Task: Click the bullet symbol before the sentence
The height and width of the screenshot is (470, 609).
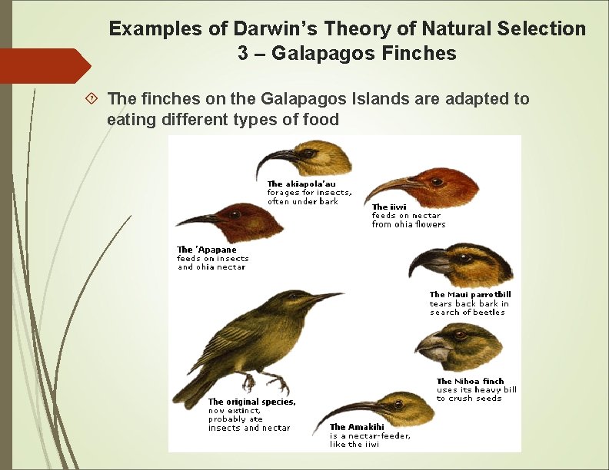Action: tap(92, 99)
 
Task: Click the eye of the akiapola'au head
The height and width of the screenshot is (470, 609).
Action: tap(309, 153)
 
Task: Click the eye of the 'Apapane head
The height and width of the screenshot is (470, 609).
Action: tap(235, 214)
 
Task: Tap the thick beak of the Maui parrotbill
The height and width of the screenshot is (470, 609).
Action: tap(427, 263)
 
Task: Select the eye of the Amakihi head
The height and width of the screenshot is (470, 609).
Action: tap(398, 403)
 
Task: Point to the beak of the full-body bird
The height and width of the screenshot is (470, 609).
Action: tap(326, 296)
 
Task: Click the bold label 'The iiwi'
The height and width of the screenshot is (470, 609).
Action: tap(389, 207)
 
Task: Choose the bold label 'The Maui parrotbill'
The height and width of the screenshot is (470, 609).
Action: tap(470, 294)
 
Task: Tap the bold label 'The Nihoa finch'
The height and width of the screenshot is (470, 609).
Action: tap(470, 381)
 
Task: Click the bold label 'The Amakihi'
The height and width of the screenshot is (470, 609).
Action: tap(356, 427)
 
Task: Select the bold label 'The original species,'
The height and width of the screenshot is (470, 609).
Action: tap(251, 402)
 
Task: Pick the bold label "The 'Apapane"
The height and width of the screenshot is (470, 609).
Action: tap(207, 250)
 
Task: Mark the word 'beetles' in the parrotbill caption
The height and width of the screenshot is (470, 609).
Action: tap(489, 313)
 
